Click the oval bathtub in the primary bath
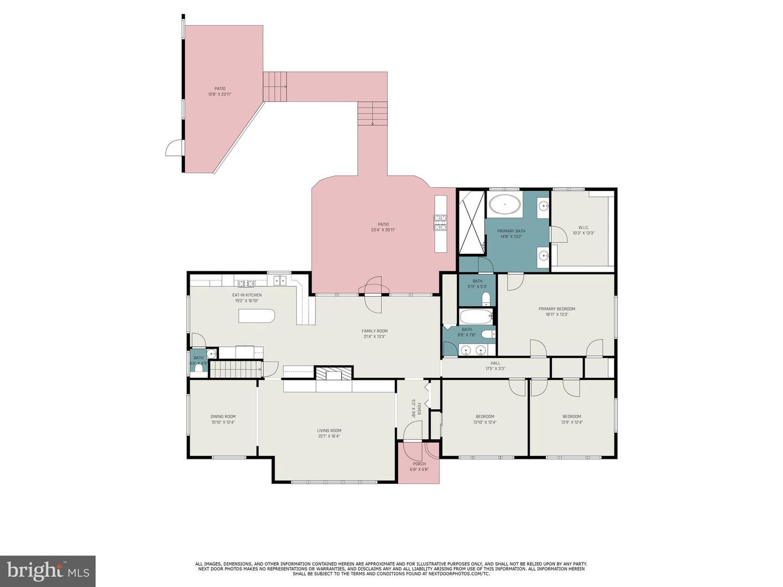(x=504, y=205)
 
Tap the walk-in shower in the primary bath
(x=471, y=223)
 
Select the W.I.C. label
(x=583, y=228)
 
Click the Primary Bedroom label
(x=556, y=309)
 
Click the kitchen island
(x=257, y=316)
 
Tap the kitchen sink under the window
(x=279, y=280)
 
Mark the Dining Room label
(x=223, y=417)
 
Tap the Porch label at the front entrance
(x=419, y=464)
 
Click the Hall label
(x=495, y=363)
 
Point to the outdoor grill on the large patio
(x=440, y=221)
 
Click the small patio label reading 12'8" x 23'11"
(x=220, y=95)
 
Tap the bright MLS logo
(x=48, y=571)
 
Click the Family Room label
(x=375, y=331)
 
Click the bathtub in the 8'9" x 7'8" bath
(x=475, y=316)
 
